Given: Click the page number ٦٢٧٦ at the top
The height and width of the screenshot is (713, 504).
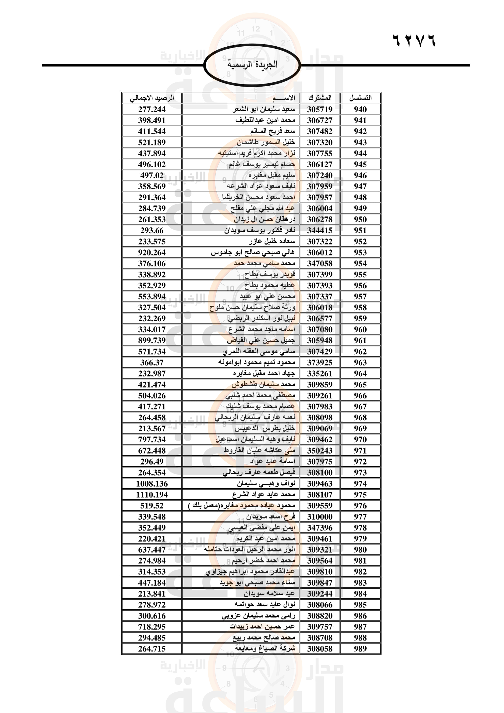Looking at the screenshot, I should tap(414, 40).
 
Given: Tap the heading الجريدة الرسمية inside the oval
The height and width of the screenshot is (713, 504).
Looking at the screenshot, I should tap(252, 65).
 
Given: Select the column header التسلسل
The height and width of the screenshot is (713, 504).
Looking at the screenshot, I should tap(360, 98).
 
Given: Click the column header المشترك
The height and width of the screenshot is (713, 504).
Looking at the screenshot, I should tap(320, 98).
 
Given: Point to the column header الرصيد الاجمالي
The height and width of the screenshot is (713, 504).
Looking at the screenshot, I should tap(152, 98).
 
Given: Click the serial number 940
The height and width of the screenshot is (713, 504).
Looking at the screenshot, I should tap(360, 109).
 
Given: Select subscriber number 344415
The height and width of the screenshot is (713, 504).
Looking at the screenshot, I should tap(320, 230).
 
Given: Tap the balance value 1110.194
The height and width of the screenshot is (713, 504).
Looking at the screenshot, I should tap(152, 495).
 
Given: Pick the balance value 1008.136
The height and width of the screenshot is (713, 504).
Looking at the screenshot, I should tap(152, 484).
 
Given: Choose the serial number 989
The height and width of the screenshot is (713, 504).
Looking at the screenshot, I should tap(360, 649).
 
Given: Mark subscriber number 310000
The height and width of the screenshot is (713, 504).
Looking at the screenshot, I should tap(320, 517).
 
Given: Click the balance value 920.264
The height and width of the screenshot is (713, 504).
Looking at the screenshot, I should tap(152, 252).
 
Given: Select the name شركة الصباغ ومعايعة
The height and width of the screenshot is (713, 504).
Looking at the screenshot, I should tap(265, 648).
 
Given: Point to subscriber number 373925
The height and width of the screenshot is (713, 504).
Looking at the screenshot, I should tap(320, 362).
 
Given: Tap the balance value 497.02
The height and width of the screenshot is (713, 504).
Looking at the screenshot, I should tap(152, 176).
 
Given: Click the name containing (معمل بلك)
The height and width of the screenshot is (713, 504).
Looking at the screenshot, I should tap(242, 505).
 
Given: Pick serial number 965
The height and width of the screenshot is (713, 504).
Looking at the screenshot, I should tap(360, 384).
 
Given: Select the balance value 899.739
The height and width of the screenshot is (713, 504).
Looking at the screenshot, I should tap(152, 340).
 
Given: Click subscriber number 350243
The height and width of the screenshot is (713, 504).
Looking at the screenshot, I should tap(320, 451).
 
